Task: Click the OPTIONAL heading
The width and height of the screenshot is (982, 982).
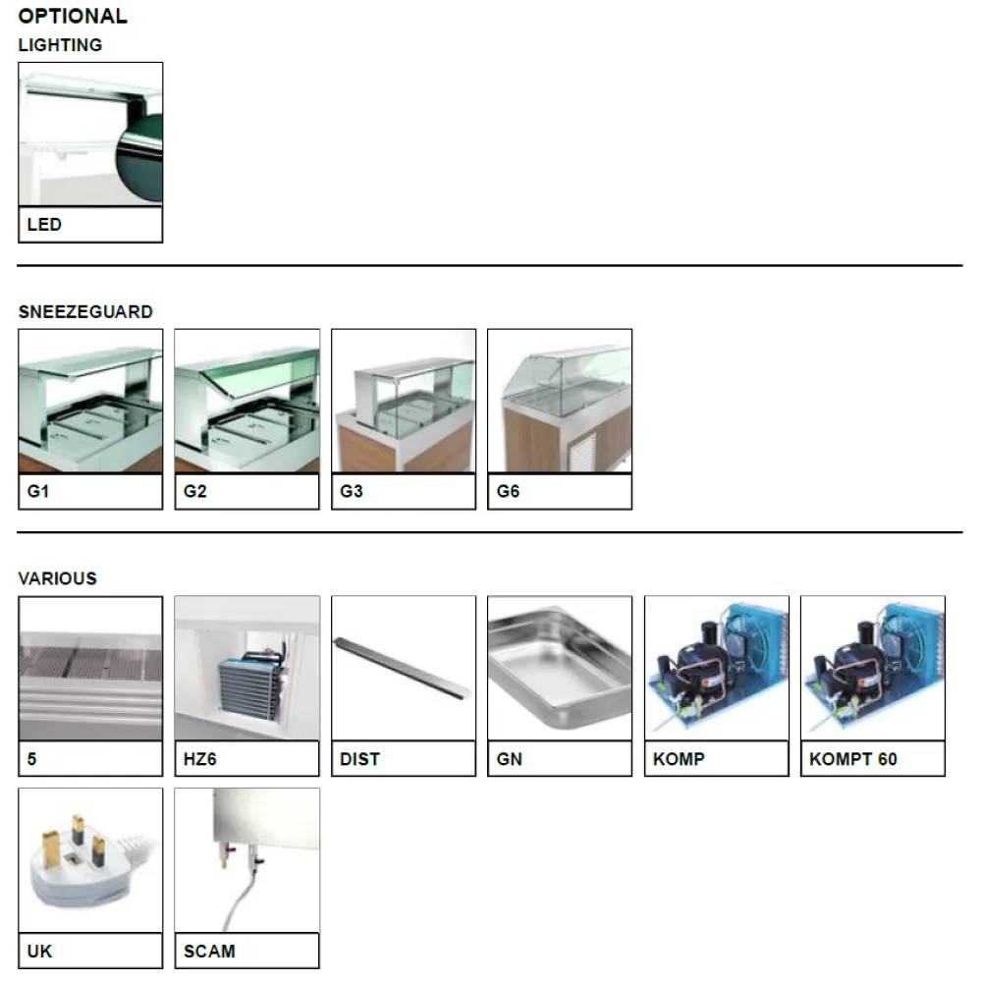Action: tap(73, 16)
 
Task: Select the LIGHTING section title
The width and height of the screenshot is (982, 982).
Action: tap(60, 45)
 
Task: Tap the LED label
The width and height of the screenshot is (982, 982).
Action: tap(45, 225)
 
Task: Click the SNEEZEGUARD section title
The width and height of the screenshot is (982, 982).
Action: tap(85, 312)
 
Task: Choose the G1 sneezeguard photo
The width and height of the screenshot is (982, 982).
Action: tap(90, 401)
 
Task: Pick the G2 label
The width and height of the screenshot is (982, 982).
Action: tap(195, 492)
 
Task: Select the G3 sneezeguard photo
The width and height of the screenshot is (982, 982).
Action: tap(404, 401)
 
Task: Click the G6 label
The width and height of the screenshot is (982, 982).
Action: tap(508, 492)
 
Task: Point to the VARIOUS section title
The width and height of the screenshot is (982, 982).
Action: tap(57, 579)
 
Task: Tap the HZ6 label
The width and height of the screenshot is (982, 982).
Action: tap(200, 759)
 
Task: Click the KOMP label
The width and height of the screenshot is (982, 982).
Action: tap(679, 759)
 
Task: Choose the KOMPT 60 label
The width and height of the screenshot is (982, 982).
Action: tap(853, 759)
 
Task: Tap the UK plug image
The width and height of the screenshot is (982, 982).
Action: tap(90, 860)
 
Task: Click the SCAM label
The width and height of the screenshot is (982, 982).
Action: tap(209, 952)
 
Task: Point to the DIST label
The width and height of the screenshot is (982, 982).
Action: tap(359, 759)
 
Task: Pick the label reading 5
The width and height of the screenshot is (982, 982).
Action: tap(32, 759)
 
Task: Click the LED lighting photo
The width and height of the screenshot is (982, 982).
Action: tap(90, 135)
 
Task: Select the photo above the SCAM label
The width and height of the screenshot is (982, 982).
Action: tap(246, 860)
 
